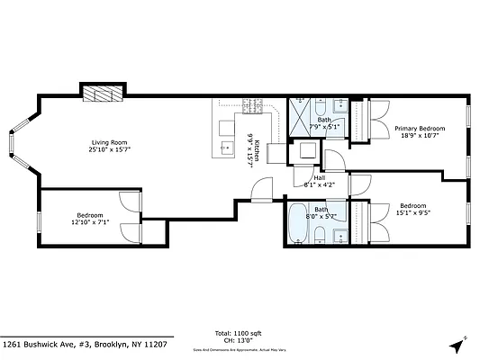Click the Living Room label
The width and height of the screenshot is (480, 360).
pyautogui.click(x=107, y=141)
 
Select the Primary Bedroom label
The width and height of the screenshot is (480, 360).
pyautogui.click(x=420, y=129)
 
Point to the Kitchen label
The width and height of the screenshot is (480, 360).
pyautogui.click(x=257, y=150)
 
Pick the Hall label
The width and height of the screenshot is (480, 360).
pyautogui.click(x=320, y=177)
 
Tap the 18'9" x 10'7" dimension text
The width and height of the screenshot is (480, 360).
pyautogui.click(x=420, y=136)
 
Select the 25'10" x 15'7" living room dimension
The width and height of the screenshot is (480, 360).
pyautogui.click(x=107, y=148)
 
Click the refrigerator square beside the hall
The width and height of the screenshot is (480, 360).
pyautogui.click(x=304, y=151)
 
